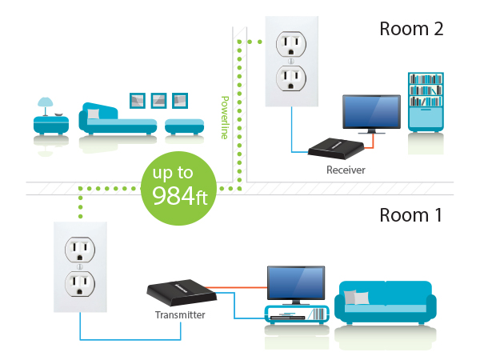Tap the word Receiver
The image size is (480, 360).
click(346, 170)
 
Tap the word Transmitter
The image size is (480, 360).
click(179, 315)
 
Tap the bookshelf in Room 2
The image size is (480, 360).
click(426, 102)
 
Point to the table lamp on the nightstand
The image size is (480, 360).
click(46, 105)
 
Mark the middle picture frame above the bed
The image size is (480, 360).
click(158, 99)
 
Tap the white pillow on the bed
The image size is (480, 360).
click(94, 115)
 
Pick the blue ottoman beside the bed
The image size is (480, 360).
click(183, 125)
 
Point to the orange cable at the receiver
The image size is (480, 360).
click(367, 146)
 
